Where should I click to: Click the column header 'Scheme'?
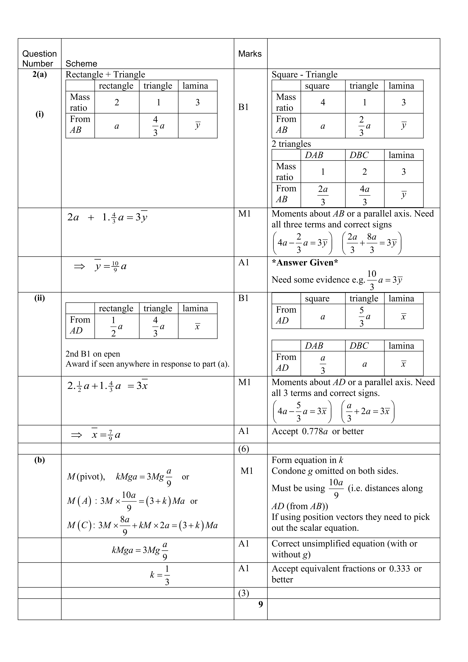coord(81,63)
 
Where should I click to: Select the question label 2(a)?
coord(39,74)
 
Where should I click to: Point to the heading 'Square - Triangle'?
coord(304,74)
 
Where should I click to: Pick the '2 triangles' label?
coord(291,144)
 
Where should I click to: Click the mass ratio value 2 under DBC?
coord(365,172)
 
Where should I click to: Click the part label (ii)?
coord(39,298)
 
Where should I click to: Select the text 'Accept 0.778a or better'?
coord(318,431)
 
